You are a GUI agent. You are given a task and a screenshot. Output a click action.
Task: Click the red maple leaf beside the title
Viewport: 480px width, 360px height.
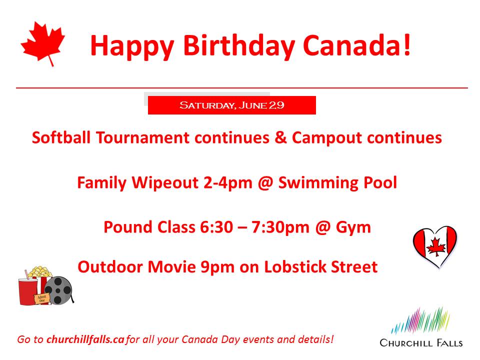coord(43,43)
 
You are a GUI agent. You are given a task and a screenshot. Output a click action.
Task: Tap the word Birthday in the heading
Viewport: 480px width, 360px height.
coord(239,45)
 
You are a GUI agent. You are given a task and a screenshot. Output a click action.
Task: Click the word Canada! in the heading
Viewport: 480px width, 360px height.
coord(357,45)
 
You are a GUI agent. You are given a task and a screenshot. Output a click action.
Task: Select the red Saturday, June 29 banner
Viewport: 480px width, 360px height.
coord(231,105)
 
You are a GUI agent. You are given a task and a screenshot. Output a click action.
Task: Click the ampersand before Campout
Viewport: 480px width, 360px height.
coord(280,137)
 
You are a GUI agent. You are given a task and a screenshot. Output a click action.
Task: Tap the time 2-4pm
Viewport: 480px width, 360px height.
coord(228,183)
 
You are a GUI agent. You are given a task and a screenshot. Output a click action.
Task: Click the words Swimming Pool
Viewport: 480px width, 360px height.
coord(337,183)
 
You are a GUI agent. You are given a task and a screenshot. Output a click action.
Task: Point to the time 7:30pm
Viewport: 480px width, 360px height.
coord(280,227)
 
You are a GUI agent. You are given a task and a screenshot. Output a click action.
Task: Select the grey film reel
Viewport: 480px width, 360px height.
coord(59,290)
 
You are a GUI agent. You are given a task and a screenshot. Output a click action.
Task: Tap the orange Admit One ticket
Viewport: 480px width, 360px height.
coord(41,298)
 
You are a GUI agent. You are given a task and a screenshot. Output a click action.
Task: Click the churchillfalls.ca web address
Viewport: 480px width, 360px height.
coord(85,339)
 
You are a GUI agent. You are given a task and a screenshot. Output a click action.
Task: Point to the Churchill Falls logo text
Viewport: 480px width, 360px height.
coord(421,342)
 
